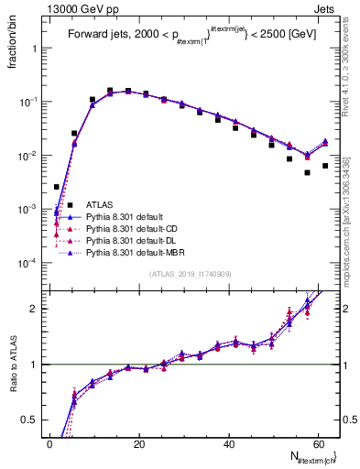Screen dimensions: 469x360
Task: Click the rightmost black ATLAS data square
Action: [325, 166]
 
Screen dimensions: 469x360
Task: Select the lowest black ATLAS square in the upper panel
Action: [57, 187]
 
